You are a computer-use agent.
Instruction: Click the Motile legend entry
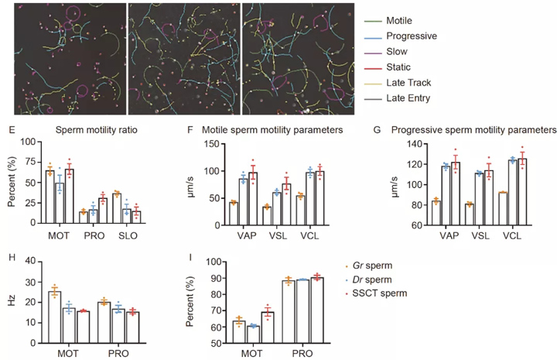(x=411, y=20)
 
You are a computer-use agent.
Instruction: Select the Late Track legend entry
(x=416, y=82)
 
